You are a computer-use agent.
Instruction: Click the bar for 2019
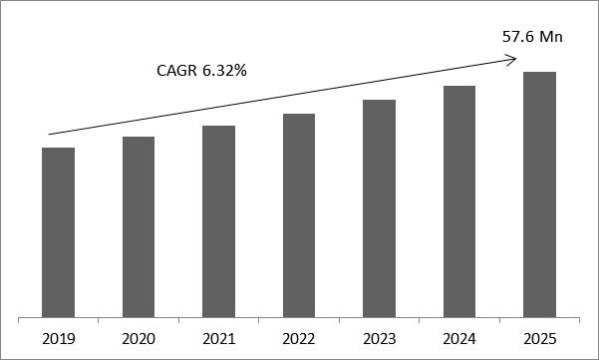(x=58, y=232)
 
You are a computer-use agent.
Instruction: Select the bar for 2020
(x=138, y=227)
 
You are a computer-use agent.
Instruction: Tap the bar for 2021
(x=218, y=221)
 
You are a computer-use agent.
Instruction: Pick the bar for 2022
(x=298, y=215)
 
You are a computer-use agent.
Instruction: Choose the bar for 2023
(x=379, y=208)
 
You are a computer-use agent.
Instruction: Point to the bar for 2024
(x=459, y=201)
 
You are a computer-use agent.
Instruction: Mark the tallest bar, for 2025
(x=539, y=194)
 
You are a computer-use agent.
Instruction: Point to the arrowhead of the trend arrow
(x=512, y=60)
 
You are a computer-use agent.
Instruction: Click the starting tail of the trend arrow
(x=50, y=134)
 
